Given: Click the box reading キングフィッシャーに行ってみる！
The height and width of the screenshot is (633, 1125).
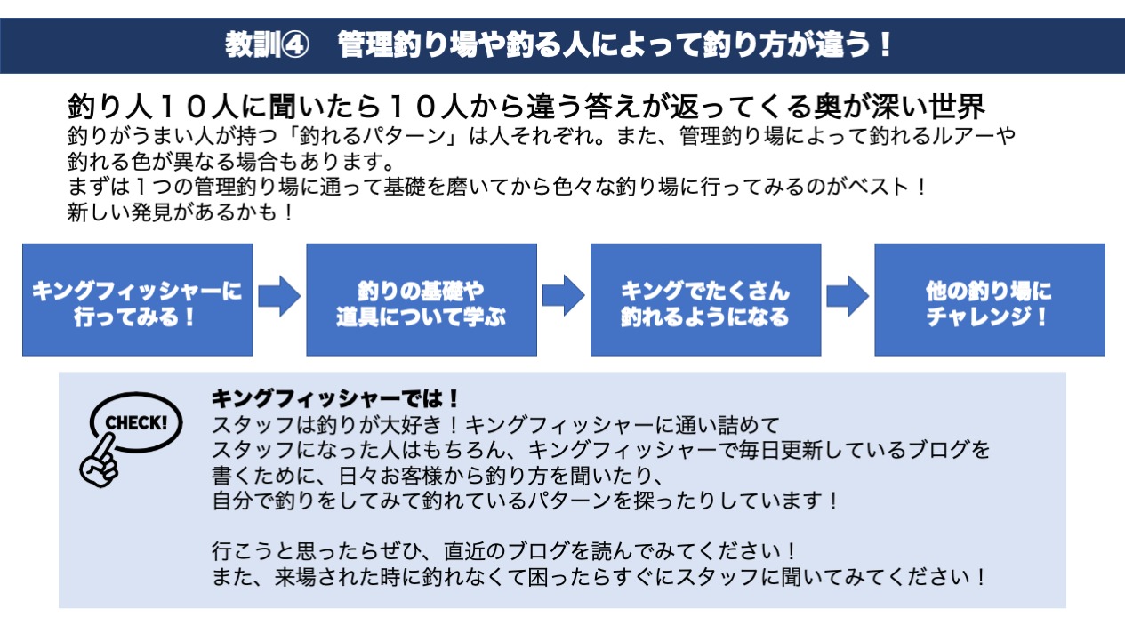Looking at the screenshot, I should pyautogui.click(x=137, y=300).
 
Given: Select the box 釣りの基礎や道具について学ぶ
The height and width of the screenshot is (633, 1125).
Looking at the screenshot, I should pyautogui.click(x=422, y=300).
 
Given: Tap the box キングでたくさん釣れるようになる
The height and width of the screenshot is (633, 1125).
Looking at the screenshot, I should pyautogui.click(x=705, y=300).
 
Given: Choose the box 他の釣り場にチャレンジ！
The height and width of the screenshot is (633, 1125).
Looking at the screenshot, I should pyautogui.click(x=989, y=300).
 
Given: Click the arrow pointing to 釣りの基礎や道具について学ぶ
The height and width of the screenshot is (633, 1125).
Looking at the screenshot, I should pyautogui.click(x=279, y=296).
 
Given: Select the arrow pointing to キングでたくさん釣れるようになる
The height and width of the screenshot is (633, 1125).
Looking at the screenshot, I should pyautogui.click(x=564, y=296).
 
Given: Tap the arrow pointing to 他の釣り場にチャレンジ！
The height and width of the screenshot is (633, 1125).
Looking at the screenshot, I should pyautogui.click(x=848, y=296).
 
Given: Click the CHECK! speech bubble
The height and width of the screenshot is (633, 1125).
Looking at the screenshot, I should pyautogui.click(x=136, y=421).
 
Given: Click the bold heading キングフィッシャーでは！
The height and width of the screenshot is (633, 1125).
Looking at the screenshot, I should pyautogui.click(x=336, y=397).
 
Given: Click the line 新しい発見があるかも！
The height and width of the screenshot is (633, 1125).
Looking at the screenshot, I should pyautogui.click(x=181, y=213).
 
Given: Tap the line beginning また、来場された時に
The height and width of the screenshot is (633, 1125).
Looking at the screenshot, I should pyautogui.click(x=600, y=577).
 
